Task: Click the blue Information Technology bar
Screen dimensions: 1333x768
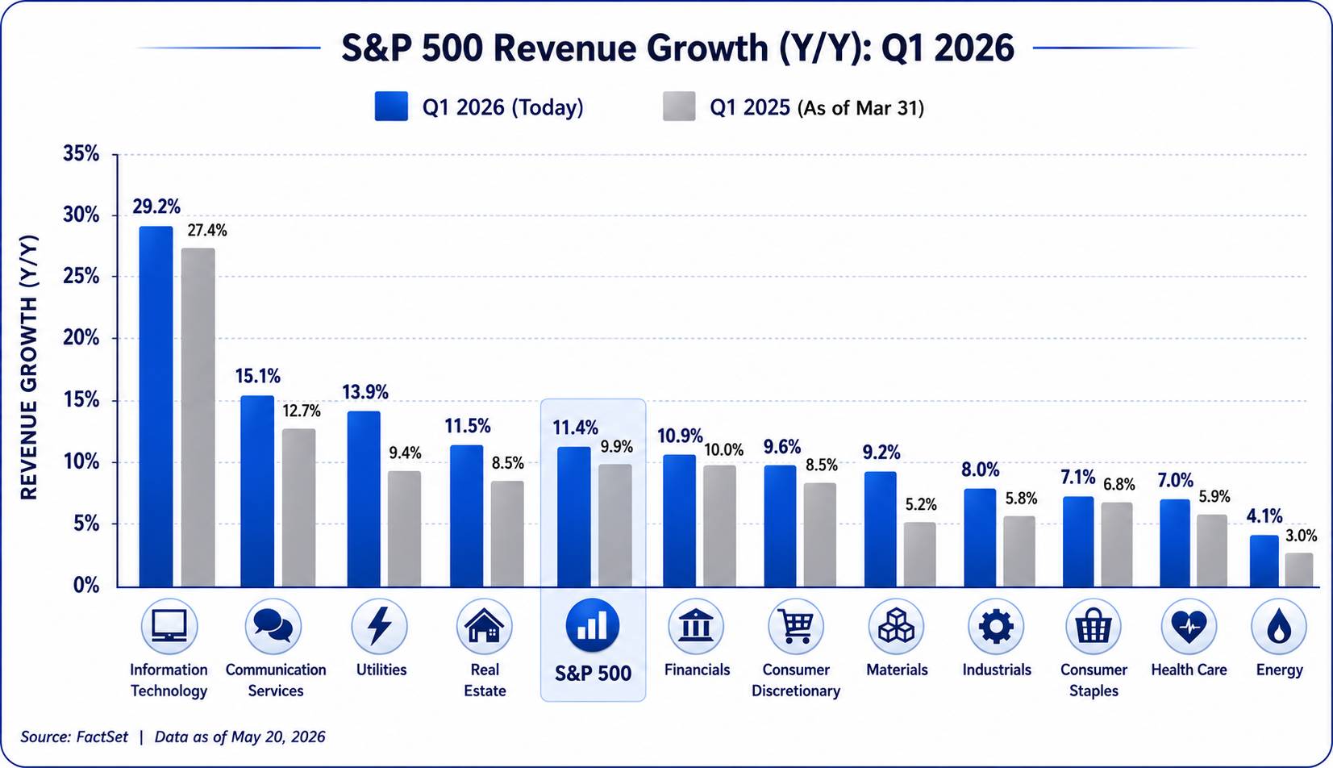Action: (x=156, y=407)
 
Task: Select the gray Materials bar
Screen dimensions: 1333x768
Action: (x=920, y=555)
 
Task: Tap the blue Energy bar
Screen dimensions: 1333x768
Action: (x=1264, y=561)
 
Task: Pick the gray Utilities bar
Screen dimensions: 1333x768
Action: (x=405, y=529)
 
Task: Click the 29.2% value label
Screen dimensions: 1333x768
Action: (x=156, y=207)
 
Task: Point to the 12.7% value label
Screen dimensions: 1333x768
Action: (x=301, y=411)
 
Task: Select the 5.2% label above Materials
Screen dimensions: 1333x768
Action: (x=921, y=504)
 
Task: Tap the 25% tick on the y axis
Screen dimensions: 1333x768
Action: (x=81, y=277)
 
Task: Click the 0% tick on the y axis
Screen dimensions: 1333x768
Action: (x=86, y=585)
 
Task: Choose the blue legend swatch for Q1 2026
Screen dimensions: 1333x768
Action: (x=392, y=106)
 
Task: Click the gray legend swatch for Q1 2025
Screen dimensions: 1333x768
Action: (x=679, y=106)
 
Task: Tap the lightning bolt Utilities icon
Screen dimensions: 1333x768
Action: (x=380, y=626)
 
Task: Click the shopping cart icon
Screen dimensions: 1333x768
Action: (x=796, y=626)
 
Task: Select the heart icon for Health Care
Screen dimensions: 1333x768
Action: (x=1189, y=626)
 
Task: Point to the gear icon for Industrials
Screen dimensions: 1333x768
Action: (x=996, y=626)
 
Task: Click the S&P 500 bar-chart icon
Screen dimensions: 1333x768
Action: (x=593, y=626)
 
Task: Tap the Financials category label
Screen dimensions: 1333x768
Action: (x=697, y=670)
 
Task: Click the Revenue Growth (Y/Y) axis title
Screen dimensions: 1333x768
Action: (x=29, y=367)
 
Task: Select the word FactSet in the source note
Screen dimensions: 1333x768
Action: (x=102, y=737)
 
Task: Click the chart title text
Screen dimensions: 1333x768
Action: (x=678, y=48)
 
